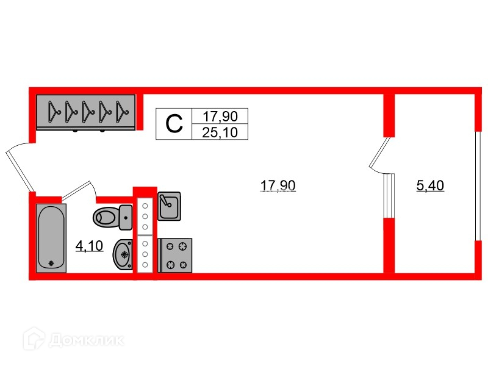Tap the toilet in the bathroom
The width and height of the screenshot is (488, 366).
[108, 215]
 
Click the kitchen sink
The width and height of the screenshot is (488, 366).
[168, 206]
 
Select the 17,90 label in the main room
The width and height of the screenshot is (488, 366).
[278, 186]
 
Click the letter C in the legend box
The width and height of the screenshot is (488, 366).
[174, 124]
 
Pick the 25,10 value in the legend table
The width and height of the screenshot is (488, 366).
[220, 131]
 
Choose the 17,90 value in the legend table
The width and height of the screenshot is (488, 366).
[220, 116]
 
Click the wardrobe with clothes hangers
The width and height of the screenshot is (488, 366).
[85, 112]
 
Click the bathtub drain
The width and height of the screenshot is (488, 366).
[51, 264]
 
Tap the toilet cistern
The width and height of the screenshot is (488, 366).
[126, 215]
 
